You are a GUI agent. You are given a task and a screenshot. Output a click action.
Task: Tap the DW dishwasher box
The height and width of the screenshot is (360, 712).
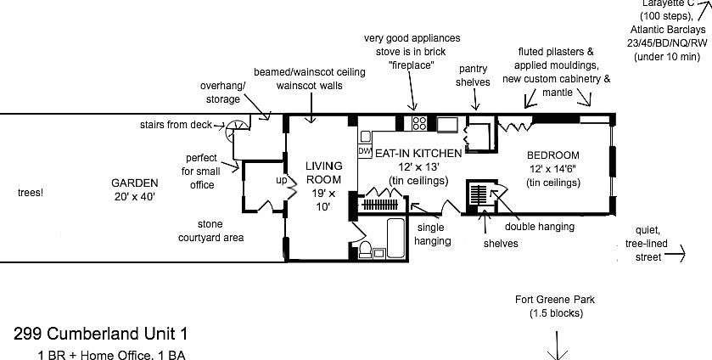[366, 151]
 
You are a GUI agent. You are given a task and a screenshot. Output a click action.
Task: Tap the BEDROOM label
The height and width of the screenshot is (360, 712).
[552, 155]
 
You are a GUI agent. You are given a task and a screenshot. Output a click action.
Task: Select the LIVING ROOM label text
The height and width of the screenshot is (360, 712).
[323, 172]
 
